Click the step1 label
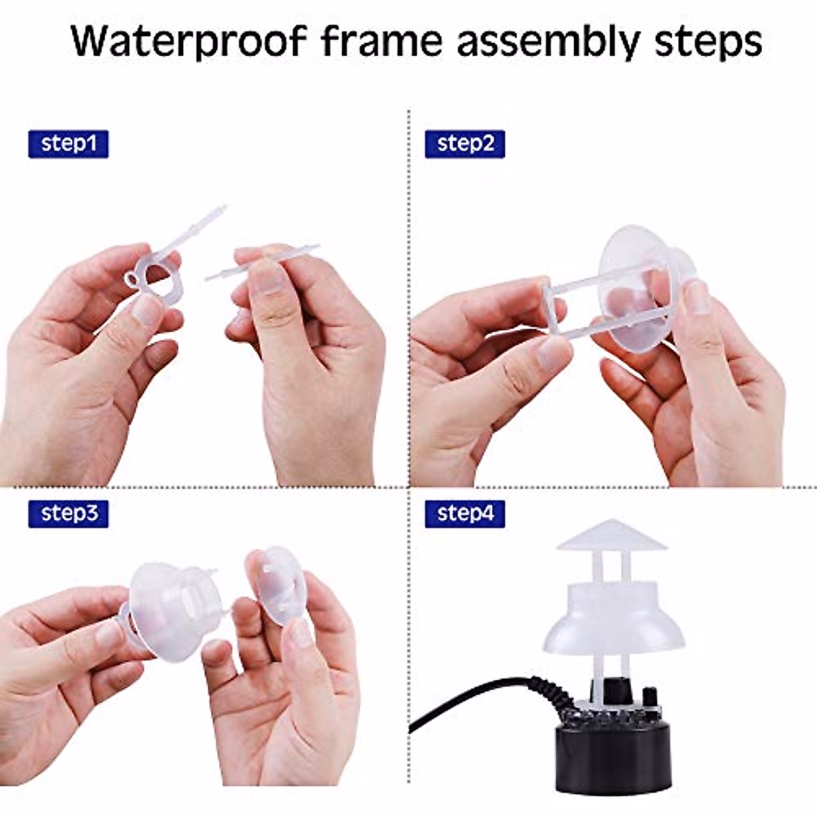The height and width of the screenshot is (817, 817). coord(68,144)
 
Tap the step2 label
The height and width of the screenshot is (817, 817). coord(464,144)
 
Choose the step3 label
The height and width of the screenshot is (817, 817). coord(68,513)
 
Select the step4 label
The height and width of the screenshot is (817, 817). coord(464,513)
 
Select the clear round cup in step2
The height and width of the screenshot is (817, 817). coord(637,286)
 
